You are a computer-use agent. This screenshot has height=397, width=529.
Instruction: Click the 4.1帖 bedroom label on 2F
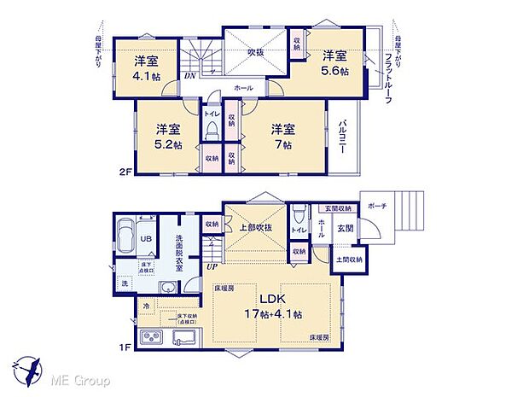pos(145,67)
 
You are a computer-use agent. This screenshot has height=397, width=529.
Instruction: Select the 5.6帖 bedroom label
pos(334,63)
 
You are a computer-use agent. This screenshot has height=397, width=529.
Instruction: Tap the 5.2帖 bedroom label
pos(167,137)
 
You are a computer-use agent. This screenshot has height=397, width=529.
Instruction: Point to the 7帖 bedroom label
pos(282,137)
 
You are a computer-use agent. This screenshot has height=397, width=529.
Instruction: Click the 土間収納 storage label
pos(346,260)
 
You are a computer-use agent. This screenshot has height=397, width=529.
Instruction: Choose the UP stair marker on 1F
pos(210,267)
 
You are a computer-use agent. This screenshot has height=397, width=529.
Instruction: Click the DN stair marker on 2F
pos(188,76)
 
